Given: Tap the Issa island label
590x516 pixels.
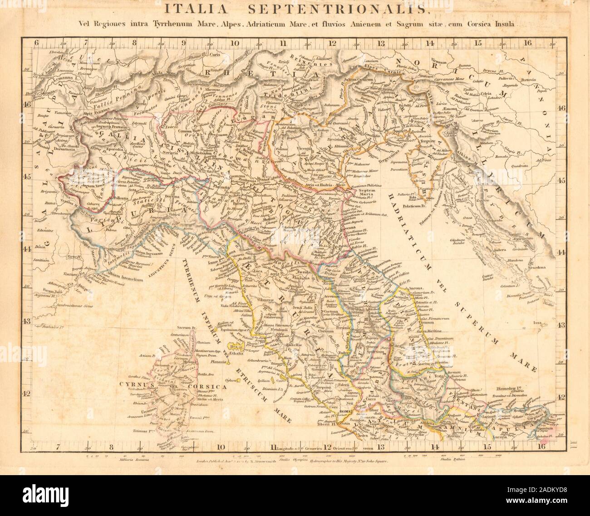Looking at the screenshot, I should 539,323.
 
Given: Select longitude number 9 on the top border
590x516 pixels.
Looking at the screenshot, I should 183,44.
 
